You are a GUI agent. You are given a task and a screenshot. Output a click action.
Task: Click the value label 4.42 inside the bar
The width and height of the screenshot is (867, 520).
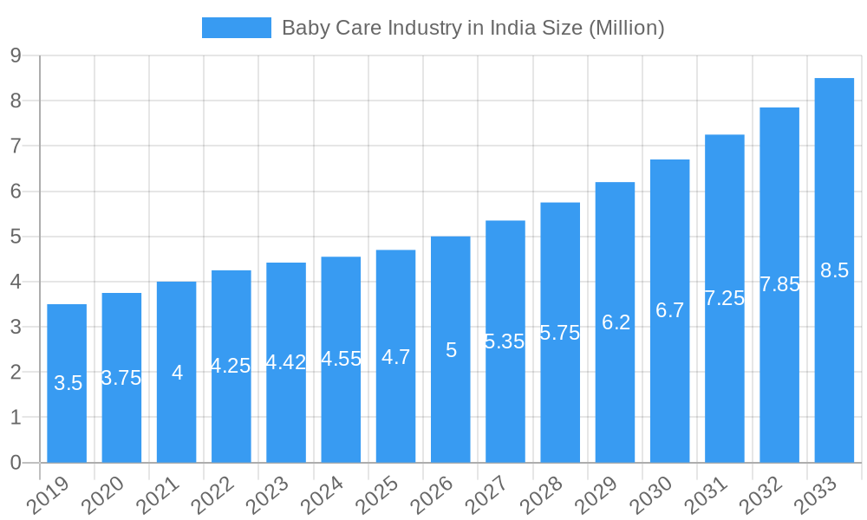coord(286,362)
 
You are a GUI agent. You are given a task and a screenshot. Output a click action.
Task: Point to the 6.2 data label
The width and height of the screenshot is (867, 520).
coord(616,322)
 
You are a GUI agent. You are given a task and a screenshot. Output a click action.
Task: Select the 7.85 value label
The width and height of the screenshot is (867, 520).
coord(779,284)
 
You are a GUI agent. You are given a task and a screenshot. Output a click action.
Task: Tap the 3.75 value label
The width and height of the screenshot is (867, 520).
coord(121,378)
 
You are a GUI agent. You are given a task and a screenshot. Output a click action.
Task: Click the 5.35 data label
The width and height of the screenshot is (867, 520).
coord(505,341)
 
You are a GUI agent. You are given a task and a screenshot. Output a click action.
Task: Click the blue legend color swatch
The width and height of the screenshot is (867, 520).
coord(236,28)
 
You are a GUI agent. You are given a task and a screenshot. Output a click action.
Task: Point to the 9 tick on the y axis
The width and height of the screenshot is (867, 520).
coord(16,55)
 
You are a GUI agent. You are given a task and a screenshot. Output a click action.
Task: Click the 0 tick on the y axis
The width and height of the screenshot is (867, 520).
coord(16,463)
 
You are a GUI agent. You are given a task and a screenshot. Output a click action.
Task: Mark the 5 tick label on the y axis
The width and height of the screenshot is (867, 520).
coord(16,237)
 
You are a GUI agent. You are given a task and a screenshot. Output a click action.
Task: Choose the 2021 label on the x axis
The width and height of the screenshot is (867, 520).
coord(160,496)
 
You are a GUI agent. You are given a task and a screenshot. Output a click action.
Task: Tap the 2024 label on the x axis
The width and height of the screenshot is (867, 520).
coord(323,496)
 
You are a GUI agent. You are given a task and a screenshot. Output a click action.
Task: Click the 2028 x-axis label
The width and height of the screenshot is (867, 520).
coord(543,496)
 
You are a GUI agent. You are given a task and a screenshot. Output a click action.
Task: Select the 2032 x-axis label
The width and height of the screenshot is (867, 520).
coord(762,496)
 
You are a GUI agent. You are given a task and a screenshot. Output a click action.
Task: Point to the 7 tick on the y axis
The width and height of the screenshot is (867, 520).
coord(16,146)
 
